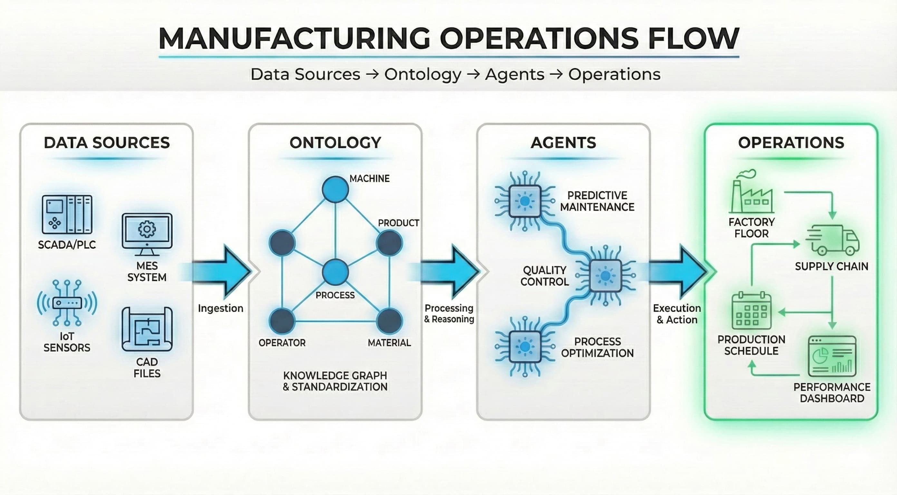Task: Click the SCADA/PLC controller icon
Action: (67, 214)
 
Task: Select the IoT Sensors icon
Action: (67, 302)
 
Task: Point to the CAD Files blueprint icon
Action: (147, 329)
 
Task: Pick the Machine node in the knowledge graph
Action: (335, 189)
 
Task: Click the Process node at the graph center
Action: (335, 272)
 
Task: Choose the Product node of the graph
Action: (389, 243)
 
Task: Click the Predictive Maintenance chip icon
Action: (525, 201)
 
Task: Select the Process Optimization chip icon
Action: (525, 347)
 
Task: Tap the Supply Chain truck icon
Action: (832, 240)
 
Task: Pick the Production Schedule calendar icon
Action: (751, 311)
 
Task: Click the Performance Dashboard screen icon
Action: (832, 356)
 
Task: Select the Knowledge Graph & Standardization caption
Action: (335, 381)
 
